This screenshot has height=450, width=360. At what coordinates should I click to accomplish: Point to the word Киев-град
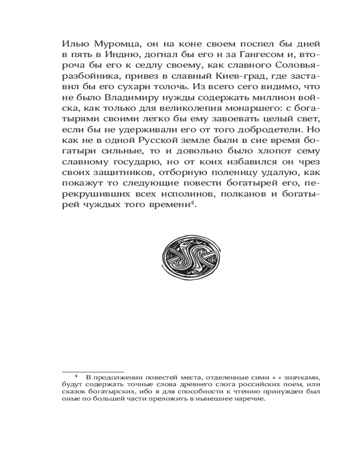[x=222, y=70]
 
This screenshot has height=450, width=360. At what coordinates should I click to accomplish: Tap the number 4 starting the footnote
[x=76, y=377]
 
